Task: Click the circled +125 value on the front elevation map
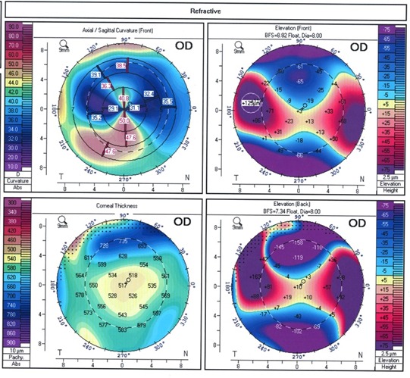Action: pos(250,102)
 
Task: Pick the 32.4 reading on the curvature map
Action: pos(149,93)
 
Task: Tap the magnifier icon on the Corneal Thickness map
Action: pos(64,220)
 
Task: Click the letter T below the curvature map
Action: pos(59,178)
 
